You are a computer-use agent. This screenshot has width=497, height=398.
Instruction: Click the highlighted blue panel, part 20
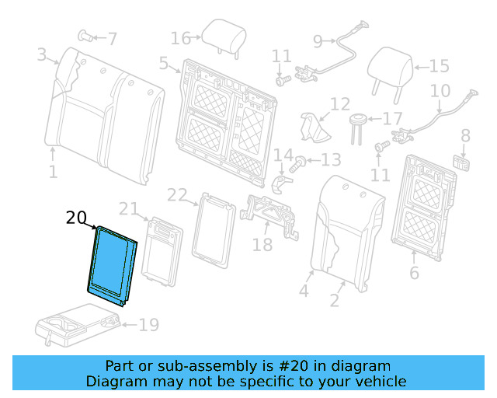(113, 264)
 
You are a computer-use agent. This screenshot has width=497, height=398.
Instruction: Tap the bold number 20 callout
(77, 218)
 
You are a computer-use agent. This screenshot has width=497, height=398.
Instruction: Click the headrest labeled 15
(391, 65)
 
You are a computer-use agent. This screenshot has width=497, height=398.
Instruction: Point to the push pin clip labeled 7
(85, 35)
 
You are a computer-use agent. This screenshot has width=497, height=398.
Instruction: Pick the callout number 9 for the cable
(318, 41)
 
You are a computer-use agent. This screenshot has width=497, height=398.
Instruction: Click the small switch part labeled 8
(464, 162)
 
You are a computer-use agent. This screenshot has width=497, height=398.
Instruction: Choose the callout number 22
(177, 194)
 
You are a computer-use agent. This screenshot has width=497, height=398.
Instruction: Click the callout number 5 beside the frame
(163, 64)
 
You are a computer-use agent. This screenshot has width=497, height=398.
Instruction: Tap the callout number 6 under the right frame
(414, 273)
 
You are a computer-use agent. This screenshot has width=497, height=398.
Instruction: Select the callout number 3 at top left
(41, 54)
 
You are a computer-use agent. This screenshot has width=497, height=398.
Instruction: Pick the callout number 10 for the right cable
(440, 91)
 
